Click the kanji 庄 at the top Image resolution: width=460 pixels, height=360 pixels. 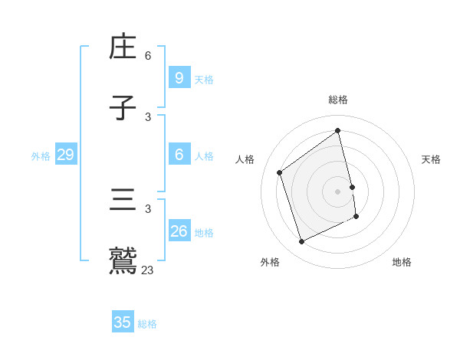[123, 47]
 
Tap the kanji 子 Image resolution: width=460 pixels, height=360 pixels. [123, 108]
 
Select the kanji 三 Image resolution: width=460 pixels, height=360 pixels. [123, 201]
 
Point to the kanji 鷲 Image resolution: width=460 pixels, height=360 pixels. [123, 261]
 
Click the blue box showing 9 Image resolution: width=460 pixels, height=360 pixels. [179, 77]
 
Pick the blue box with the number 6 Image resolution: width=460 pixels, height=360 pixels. [179, 155]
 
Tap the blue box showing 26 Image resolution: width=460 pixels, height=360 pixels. [179, 231]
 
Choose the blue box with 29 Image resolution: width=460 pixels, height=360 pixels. [65, 155]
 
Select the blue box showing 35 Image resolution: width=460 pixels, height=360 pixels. [123, 322]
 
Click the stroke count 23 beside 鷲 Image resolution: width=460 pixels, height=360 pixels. [147, 270]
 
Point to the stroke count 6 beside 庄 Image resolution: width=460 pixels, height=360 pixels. [148, 56]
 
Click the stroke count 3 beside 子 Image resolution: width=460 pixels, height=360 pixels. [148, 116]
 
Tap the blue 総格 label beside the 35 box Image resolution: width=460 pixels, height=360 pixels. [147, 324]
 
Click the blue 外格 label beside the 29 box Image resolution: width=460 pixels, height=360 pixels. [41, 156]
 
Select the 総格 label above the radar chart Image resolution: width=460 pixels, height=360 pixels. [338, 100]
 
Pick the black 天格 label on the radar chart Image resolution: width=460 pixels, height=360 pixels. [431, 159]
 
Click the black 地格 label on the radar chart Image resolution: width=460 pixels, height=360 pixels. [402, 262]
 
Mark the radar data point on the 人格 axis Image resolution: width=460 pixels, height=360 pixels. [280, 172]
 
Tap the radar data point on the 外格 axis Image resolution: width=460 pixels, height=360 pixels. [301, 242]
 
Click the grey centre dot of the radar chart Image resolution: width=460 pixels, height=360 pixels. [338, 191]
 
